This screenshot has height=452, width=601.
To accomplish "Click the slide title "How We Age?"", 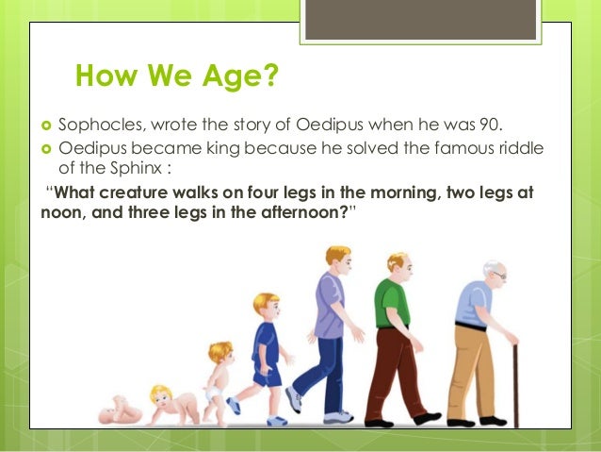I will click(x=176, y=75).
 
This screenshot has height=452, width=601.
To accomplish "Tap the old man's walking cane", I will click(x=515, y=382).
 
